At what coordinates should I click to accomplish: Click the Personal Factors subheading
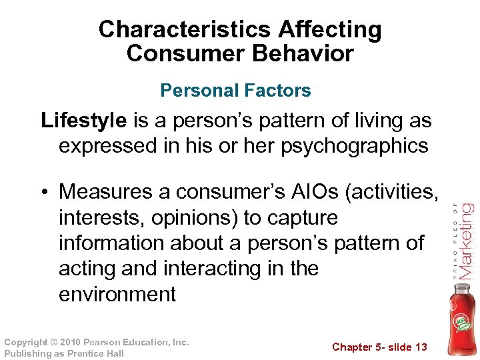click(235, 91)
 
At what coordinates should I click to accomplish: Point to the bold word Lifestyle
click(83, 121)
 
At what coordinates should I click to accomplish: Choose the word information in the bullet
click(110, 243)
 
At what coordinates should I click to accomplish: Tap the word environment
click(117, 294)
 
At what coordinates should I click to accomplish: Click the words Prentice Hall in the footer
click(97, 353)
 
